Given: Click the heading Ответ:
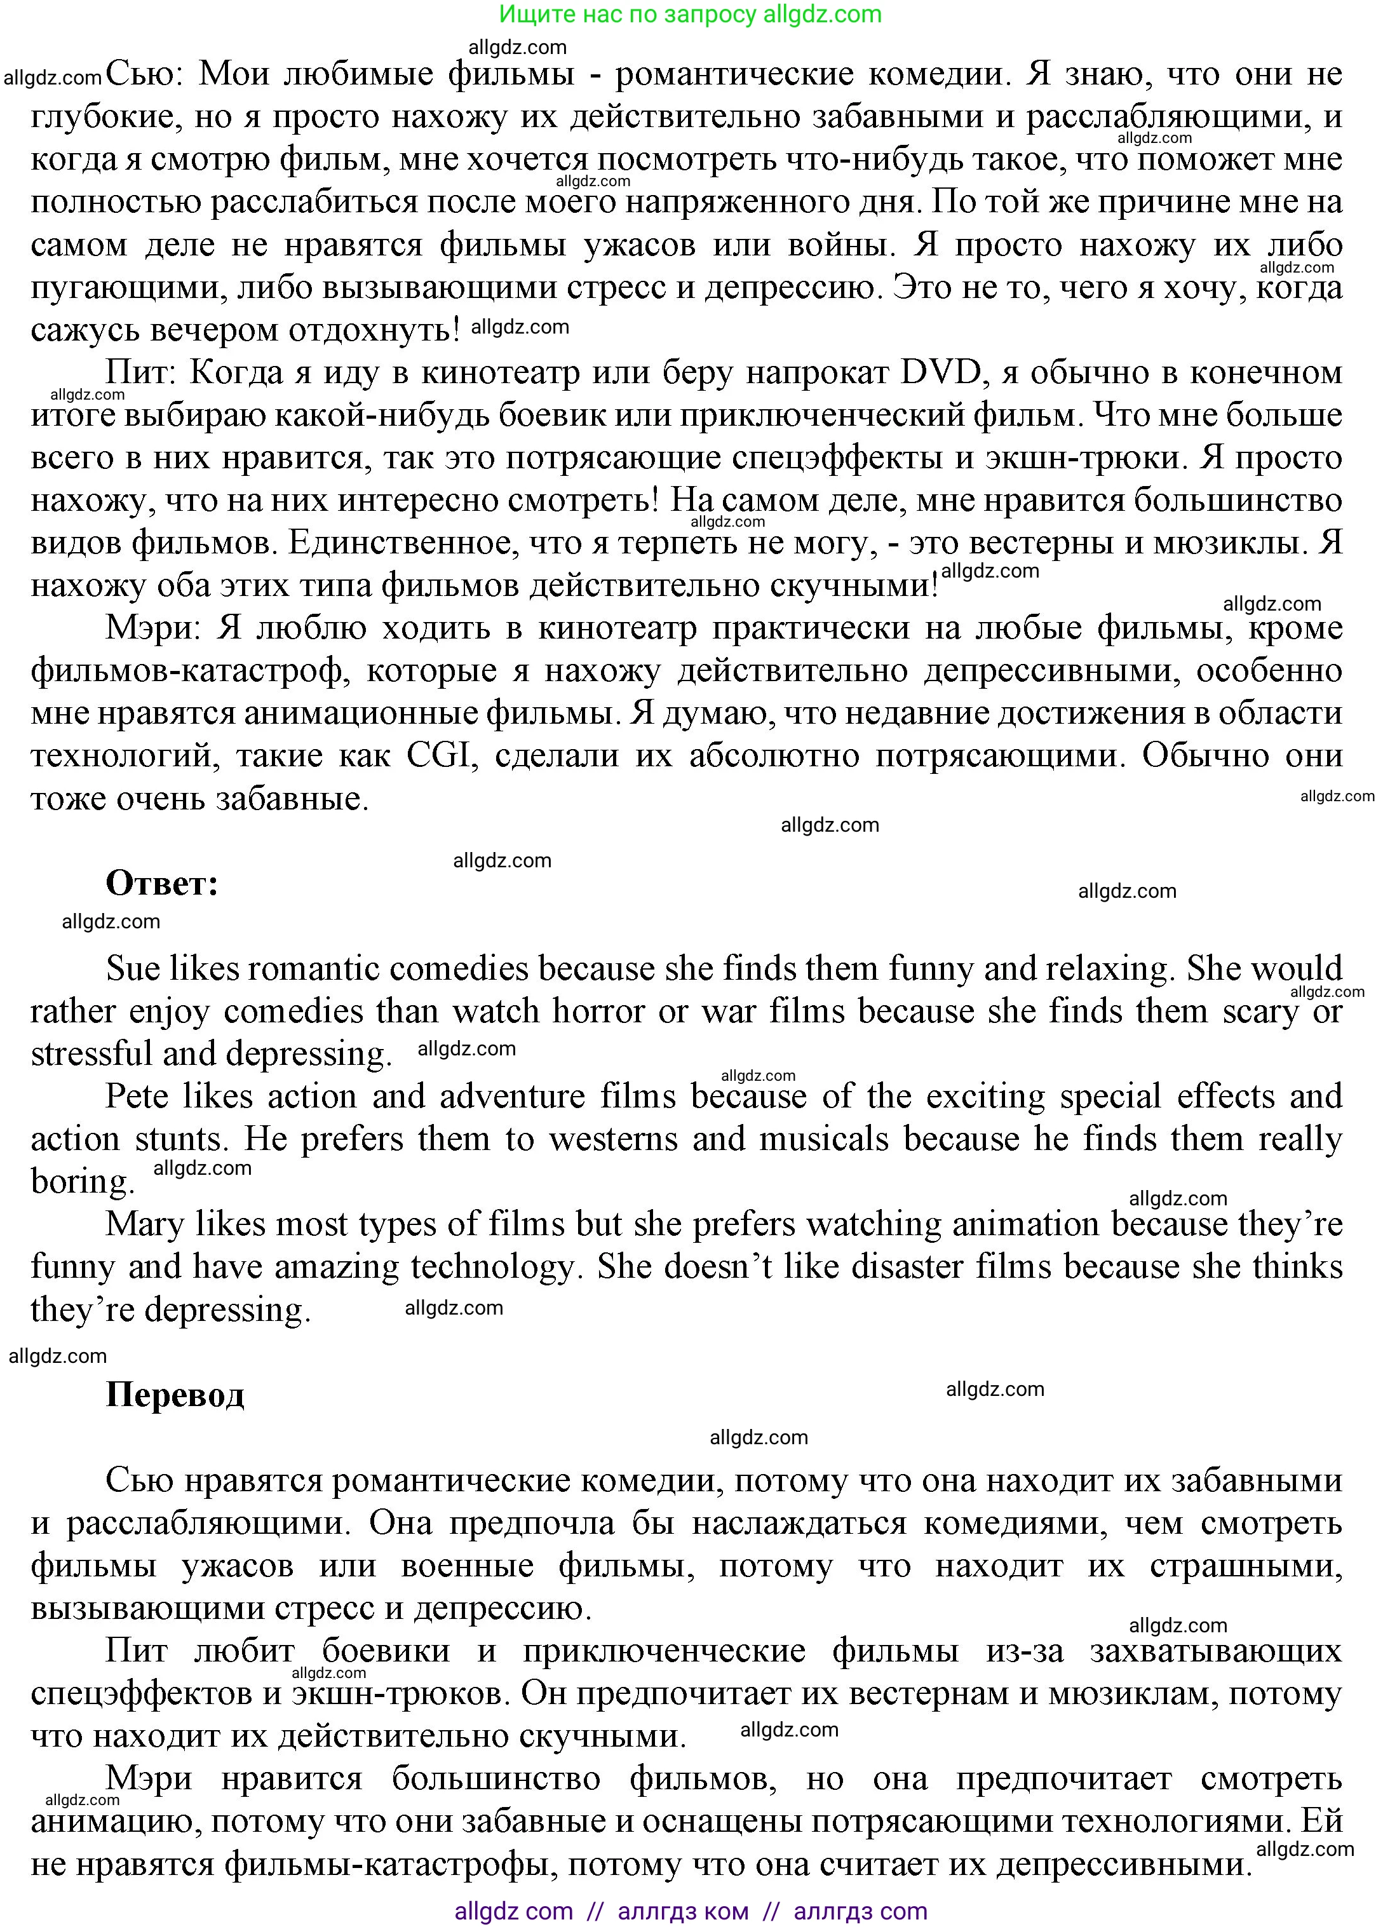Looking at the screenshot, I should point(161,884).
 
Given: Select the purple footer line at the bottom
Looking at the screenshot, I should point(690,1911).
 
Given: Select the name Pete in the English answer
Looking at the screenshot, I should point(136,1096).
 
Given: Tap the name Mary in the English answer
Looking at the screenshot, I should point(143,1224).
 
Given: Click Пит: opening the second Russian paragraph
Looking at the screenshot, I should point(140,372).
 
